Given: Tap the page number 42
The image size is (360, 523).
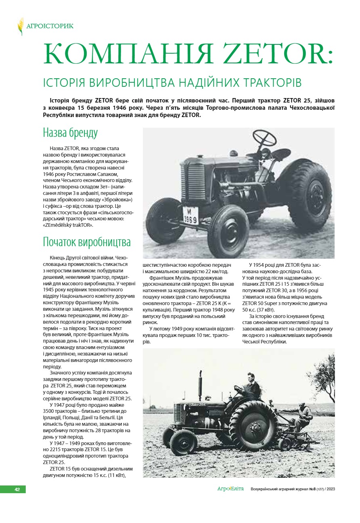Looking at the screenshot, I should point(17,489).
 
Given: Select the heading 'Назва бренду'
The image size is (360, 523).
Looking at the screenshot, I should point(70,133).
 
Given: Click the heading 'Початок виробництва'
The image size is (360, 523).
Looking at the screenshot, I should point(87,243).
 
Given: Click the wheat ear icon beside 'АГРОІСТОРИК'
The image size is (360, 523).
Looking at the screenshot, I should point(21,26).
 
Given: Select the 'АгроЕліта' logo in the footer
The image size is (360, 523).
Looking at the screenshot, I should point(230,489).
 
